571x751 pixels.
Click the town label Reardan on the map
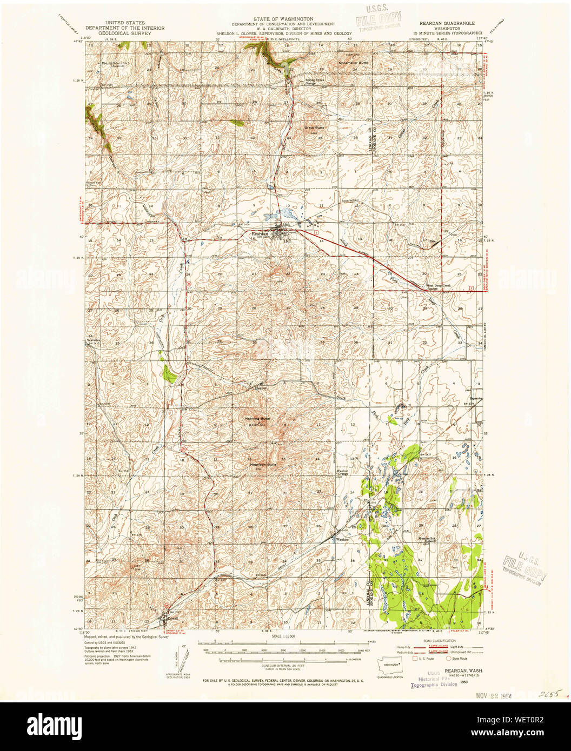[259, 234]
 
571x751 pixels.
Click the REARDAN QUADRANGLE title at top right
[446, 24]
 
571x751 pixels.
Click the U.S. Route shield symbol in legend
[415, 659]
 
